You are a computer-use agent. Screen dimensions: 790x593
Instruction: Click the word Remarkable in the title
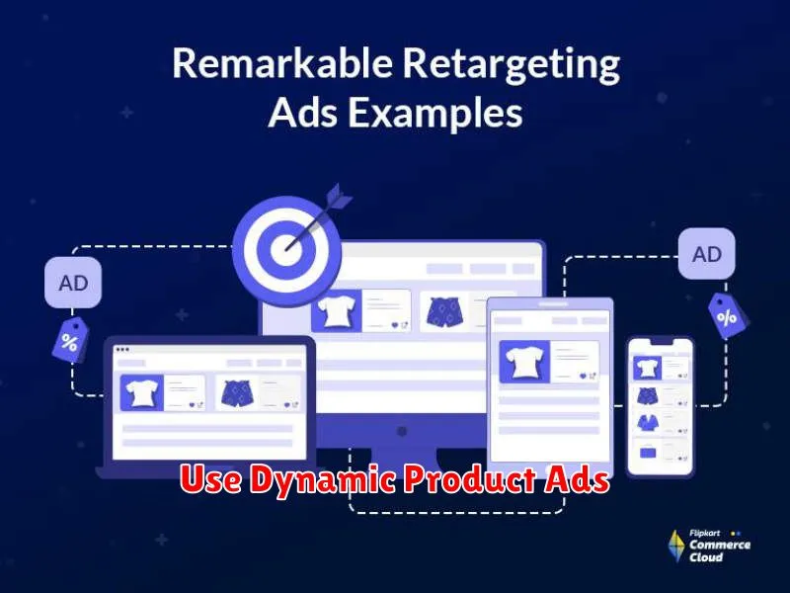(x=282, y=63)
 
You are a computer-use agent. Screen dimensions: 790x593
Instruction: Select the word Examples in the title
(x=435, y=113)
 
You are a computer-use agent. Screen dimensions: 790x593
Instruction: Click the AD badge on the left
(x=73, y=283)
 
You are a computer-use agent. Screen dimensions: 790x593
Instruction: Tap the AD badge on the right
(x=706, y=254)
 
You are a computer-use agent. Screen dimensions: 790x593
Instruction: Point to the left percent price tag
(x=70, y=340)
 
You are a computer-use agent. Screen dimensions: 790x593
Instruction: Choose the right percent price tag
(x=728, y=316)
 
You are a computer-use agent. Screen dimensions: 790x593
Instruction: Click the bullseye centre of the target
(x=285, y=250)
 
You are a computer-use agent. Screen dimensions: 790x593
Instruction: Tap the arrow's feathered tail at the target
(x=339, y=197)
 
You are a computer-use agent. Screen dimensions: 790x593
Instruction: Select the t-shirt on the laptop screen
(x=141, y=392)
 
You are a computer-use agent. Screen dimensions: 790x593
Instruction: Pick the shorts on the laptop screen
(x=237, y=393)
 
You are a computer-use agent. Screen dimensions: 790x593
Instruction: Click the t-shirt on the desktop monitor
(x=336, y=310)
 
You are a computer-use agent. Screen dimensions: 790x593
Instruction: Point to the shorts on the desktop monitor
(x=444, y=311)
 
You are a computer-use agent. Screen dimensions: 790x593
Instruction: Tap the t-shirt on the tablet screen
(x=524, y=362)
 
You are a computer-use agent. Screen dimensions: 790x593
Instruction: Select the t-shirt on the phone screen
(x=648, y=368)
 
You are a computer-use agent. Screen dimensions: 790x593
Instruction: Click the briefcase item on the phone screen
(x=648, y=453)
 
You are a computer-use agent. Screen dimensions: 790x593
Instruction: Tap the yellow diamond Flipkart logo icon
(x=676, y=547)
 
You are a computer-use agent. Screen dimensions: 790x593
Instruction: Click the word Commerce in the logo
(x=720, y=545)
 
